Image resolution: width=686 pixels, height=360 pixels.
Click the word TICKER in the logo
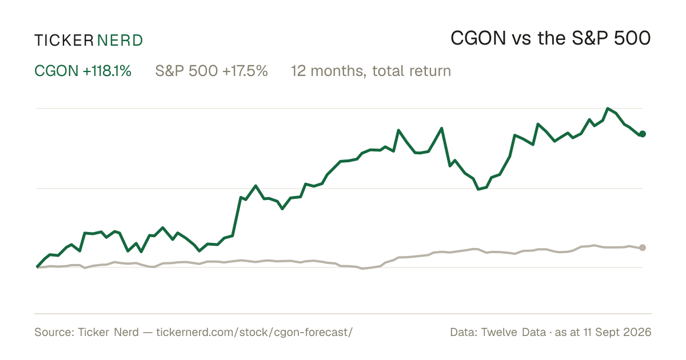(64, 41)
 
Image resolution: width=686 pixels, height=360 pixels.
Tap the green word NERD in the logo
(119, 41)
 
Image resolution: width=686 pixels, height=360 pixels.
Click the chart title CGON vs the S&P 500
(551, 38)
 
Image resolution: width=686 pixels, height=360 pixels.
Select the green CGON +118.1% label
(83, 71)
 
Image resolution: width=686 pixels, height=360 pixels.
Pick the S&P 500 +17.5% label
(212, 71)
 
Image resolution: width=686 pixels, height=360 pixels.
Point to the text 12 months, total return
(371, 71)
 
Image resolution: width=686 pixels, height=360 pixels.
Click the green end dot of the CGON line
(643, 134)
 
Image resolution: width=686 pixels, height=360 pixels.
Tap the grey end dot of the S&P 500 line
(643, 247)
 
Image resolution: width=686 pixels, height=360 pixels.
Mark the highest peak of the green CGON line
(608, 109)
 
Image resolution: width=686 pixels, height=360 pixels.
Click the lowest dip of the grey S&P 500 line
(362, 269)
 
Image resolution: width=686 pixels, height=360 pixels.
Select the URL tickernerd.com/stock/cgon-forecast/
(254, 332)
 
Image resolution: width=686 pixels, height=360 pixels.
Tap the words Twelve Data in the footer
(513, 332)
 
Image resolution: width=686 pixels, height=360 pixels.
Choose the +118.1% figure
(107, 71)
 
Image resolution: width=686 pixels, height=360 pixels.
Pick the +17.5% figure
(245, 71)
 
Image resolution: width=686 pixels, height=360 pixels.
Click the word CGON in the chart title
(478, 38)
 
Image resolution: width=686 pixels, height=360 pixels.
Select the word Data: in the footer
(464, 332)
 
